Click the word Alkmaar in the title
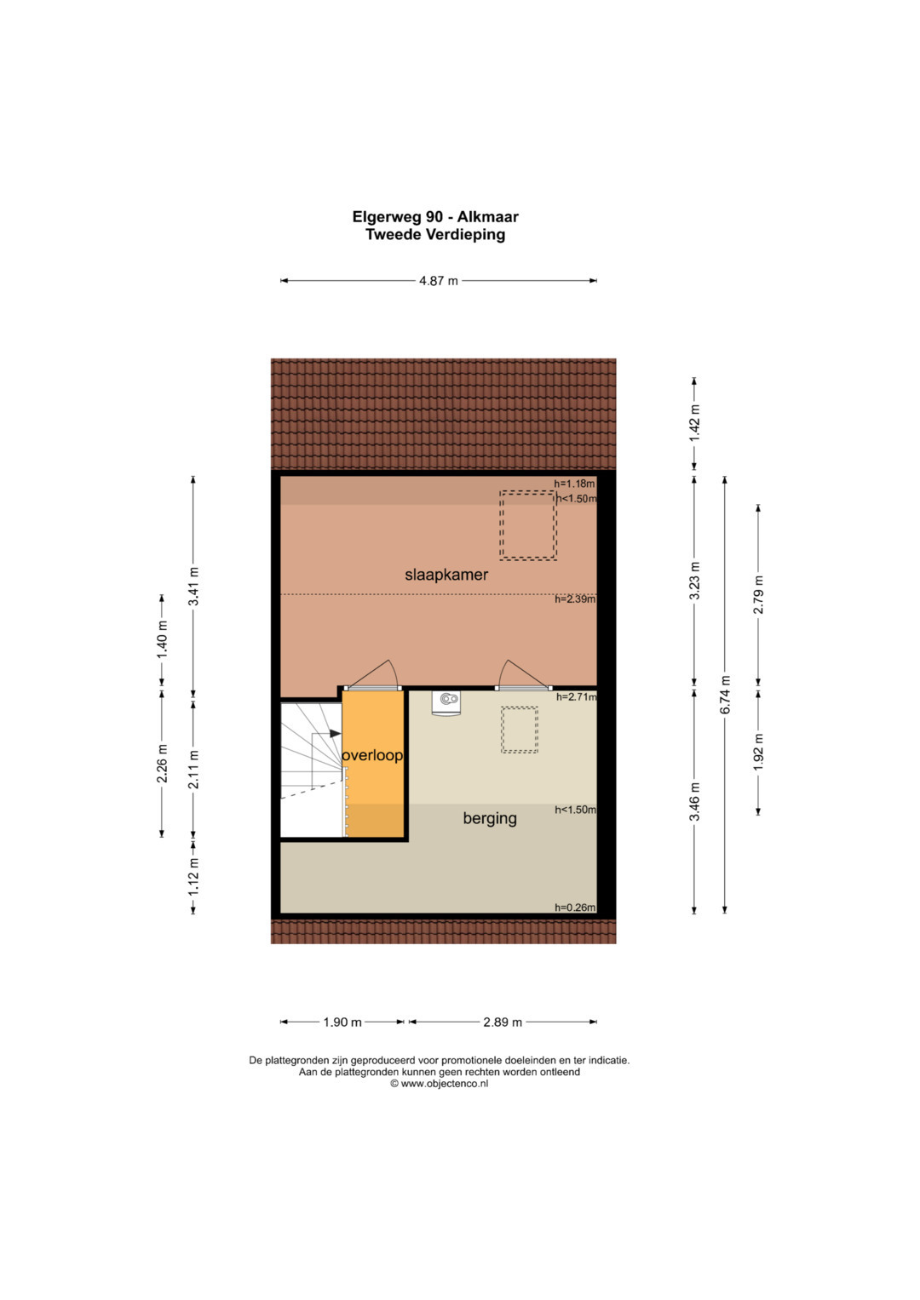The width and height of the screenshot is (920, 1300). click(x=488, y=217)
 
